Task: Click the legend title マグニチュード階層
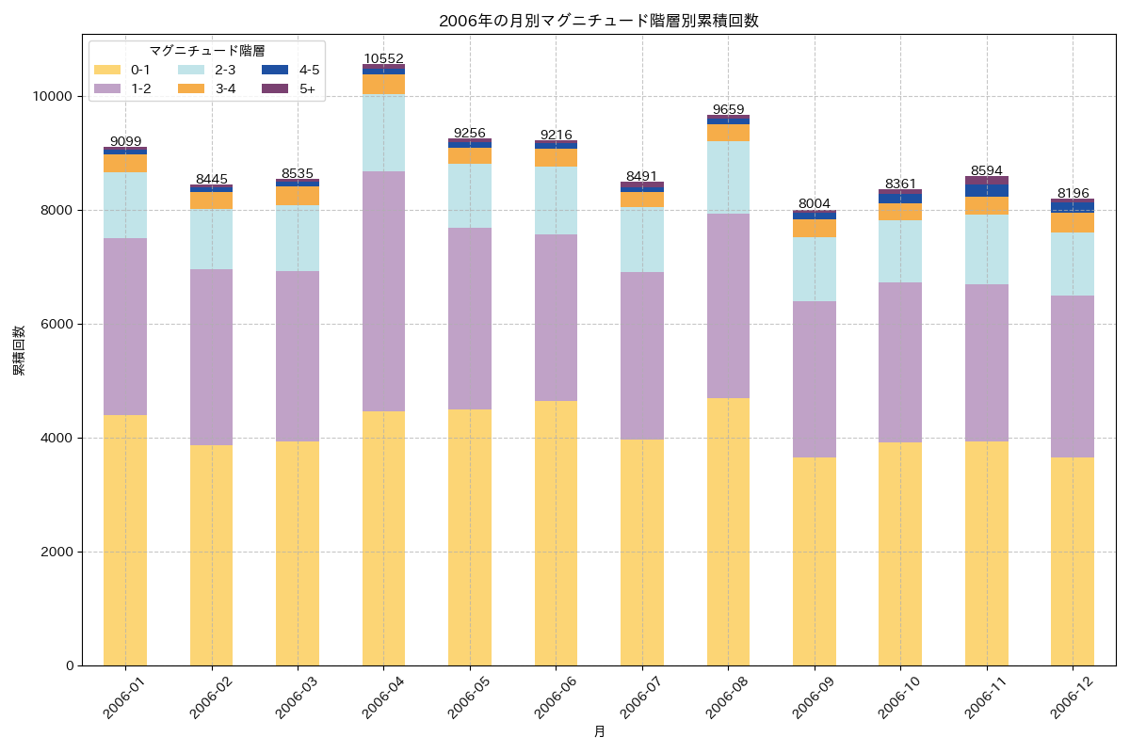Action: pos(206,51)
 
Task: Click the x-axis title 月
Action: pos(599,731)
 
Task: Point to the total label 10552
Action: pos(383,58)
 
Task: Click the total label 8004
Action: pos(814,203)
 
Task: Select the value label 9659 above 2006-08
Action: pos(728,109)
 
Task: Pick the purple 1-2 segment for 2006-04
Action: pos(383,291)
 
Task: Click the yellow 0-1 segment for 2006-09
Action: pos(814,561)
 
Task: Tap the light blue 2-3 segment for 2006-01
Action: pos(125,205)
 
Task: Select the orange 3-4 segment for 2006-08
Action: pos(728,133)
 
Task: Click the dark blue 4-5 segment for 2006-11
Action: pos(986,190)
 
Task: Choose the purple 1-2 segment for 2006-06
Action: pos(556,317)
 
